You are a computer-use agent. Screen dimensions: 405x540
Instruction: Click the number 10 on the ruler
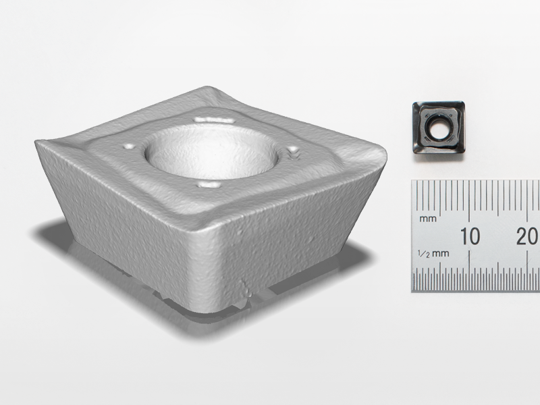(470, 236)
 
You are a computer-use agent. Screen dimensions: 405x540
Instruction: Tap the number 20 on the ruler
(527, 236)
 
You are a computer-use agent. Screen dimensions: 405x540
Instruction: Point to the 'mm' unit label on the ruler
(427, 219)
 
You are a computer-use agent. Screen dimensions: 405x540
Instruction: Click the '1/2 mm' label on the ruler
(433, 253)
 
